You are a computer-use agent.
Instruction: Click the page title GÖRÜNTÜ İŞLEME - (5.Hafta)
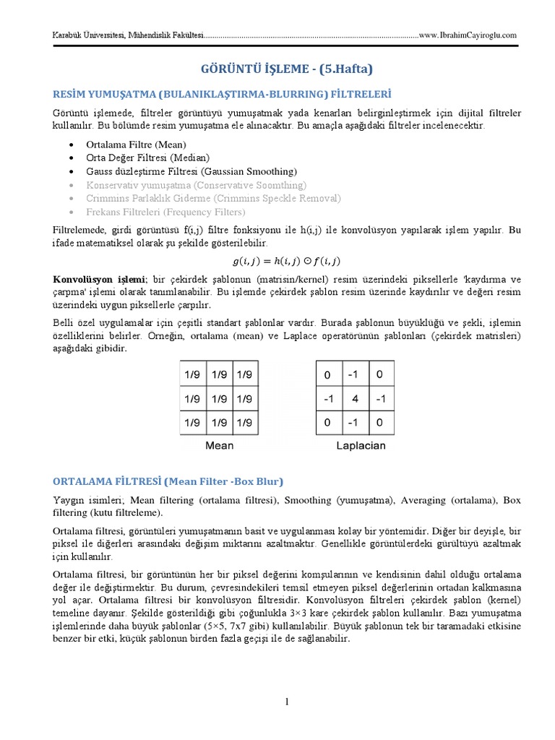(287, 69)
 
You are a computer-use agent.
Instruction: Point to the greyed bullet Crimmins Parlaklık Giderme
(212, 198)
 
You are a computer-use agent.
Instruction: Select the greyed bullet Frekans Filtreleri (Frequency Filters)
(165, 212)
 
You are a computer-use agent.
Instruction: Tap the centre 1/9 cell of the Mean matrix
(219, 398)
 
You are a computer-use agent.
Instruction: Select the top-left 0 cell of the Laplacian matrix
(327, 375)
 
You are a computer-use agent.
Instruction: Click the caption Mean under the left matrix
(219, 445)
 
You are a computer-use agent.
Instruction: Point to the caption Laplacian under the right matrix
(361, 445)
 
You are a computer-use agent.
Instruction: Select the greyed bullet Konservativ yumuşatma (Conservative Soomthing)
(195, 185)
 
